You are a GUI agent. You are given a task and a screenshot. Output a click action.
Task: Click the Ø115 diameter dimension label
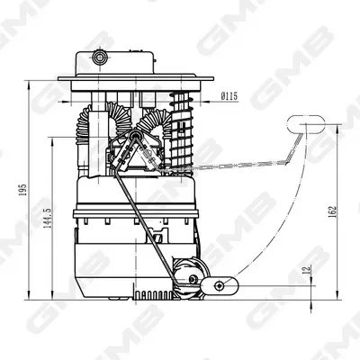click(x=229, y=96)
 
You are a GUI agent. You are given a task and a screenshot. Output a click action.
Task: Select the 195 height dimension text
click(x=22, y=190)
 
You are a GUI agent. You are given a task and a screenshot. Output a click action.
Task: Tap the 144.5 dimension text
click(x=48, y=219)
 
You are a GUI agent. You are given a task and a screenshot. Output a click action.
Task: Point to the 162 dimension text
click(x=333, y=211)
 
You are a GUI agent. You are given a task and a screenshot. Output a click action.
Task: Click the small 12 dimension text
click(x=306, y=269)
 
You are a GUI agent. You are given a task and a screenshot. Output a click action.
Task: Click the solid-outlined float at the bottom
click(x=220, y=286)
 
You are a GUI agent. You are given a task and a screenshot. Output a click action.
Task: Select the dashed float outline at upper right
click(x=306, y=124)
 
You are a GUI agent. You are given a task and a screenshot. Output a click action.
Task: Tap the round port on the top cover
click(x=99, y=57)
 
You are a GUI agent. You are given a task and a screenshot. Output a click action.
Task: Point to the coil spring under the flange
click(x=182, y=130)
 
